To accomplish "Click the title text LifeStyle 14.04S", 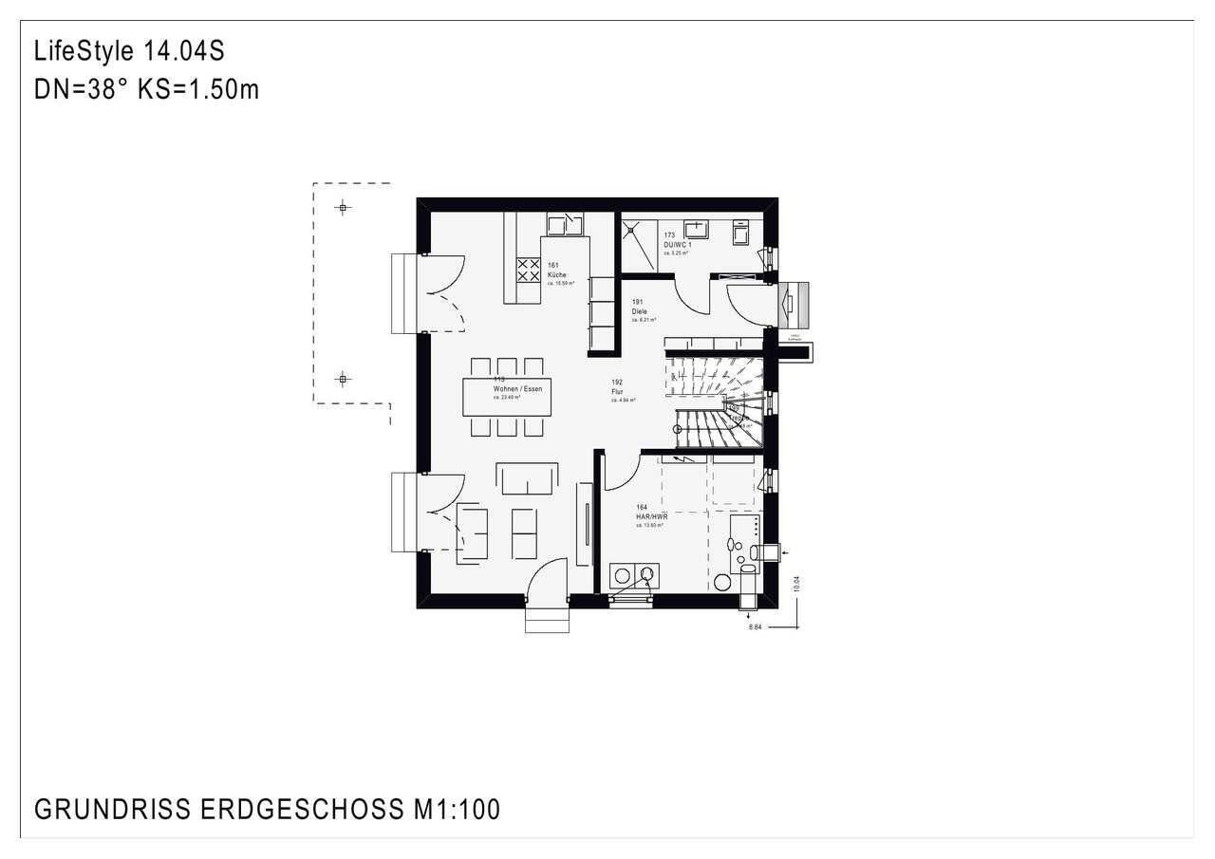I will point(129,50).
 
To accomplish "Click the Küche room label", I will point(556,274).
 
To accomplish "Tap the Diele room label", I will point(639,311).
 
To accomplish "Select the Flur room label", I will point(617,391).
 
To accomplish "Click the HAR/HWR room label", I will point(652,517).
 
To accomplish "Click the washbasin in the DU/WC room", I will point(697,229).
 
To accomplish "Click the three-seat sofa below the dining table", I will point(529,478).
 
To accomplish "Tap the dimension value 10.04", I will point(796,581).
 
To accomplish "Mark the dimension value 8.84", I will point(756,627).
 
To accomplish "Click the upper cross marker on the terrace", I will point(343,207).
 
